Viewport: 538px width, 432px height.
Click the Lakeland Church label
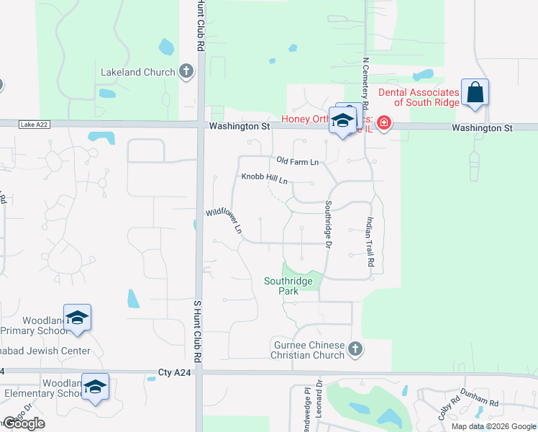[139, 72]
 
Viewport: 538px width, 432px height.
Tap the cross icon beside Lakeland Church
[186, 71]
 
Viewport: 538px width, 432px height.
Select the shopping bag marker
[475, 93]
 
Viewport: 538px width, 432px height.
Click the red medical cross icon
[383, 124]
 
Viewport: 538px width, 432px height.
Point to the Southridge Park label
[289, 287]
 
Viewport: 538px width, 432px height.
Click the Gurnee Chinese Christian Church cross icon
[355, 350]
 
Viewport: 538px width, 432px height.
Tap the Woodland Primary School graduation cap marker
[77, 318]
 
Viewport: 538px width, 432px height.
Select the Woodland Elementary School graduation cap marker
[95, 387]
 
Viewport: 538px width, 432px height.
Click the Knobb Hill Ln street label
[264, 177]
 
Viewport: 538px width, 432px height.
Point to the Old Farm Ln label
[297, 162]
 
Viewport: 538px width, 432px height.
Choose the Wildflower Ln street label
[223, 222]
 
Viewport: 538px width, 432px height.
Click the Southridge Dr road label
[328, 225]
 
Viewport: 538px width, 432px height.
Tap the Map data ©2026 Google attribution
[493, 426]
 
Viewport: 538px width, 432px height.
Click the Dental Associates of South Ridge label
[419, 98]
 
